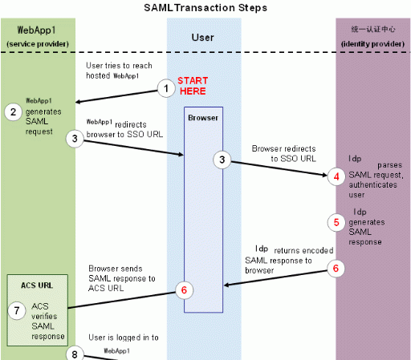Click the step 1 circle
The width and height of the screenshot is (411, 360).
click(x=166, y=88)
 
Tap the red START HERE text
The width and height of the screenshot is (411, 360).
click(x=193, y=86)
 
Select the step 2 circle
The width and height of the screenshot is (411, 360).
click(x=13, y=111)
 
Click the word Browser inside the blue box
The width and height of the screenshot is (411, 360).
click(x=203, y=118)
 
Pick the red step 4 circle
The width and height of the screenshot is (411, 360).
click(x=336, y=176)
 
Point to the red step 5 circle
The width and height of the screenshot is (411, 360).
click(x=336, y=222)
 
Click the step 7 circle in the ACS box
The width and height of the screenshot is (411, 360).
click(x=17, y=310)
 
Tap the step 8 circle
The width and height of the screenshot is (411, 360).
click(x=75, y=354)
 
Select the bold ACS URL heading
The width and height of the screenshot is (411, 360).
click(x=37, y=285)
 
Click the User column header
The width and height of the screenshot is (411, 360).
click(x=203, y=38)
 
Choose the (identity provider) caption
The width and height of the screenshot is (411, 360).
click(x=372, y=44)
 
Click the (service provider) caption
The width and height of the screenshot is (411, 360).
click(x=38, y=44)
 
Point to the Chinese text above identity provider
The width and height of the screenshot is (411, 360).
click(x=373, y=29)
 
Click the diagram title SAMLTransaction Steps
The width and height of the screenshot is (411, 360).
click(x=205, y=8)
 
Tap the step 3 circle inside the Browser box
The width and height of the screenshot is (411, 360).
click(x=222, y=160)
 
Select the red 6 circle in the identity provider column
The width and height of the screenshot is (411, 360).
click(x=336, y=269)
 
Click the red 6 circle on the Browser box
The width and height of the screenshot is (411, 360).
click(x=184, y=290)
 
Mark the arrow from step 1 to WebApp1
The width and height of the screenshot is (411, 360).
click(x=116, y=96)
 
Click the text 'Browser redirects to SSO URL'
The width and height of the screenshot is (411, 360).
click(x=283, y=154)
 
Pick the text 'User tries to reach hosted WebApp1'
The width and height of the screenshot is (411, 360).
click(x=119, y=71)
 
